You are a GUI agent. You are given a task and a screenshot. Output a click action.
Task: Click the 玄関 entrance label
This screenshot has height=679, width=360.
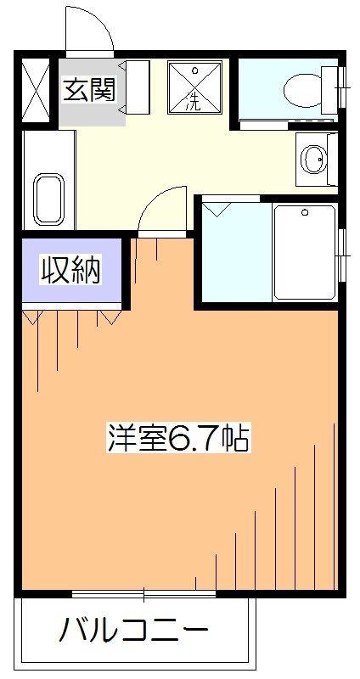88,88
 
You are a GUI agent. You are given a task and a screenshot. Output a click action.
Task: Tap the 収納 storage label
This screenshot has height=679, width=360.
72,271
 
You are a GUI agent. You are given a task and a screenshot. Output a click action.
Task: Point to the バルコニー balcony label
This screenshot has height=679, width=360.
133,632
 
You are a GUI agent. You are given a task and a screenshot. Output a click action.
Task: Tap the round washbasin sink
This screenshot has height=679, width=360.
314,158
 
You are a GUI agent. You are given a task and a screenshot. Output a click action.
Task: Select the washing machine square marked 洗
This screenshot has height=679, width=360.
195,87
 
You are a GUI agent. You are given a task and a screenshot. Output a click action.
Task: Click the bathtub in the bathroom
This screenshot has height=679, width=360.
304,251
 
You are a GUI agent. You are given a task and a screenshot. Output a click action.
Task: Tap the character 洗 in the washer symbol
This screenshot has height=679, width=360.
195,104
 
